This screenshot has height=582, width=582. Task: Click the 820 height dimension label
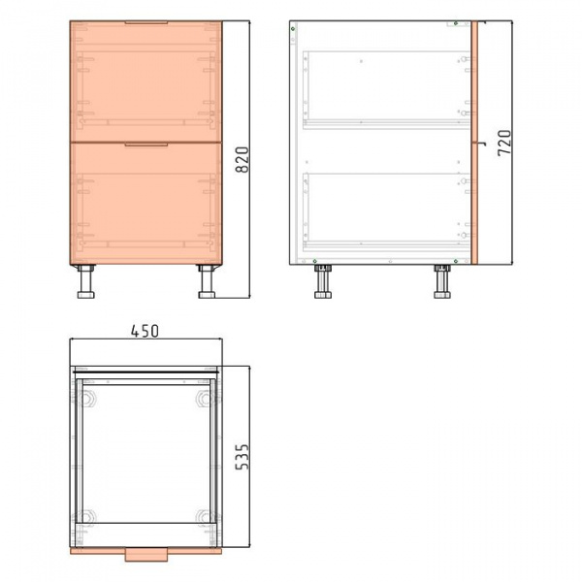point(242,160)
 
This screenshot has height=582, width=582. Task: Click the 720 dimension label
point(504,143)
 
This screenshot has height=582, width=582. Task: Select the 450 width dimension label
point(145,331)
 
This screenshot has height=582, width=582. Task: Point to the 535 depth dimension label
point(242,457)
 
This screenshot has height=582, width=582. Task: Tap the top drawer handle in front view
point(145,22)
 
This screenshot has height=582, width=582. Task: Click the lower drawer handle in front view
point(145,145)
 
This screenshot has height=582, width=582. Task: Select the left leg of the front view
point(86,281)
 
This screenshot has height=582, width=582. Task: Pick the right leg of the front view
point(207,281)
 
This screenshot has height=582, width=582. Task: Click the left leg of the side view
point(323,281)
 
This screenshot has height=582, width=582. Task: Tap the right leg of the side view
point(442,281)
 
